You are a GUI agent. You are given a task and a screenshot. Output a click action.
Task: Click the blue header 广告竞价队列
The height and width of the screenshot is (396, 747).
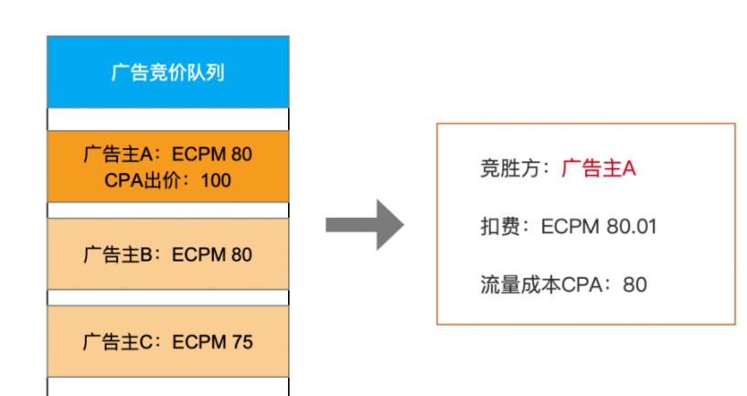tap(167, 71)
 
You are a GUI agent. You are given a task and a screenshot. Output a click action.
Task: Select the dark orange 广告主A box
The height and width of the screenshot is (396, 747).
tap(167, 166)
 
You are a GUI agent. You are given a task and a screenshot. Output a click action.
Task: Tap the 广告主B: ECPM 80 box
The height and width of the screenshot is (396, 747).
tap(167, 254)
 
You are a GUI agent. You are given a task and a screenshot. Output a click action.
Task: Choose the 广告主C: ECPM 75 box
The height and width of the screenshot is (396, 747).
tap(167, 341)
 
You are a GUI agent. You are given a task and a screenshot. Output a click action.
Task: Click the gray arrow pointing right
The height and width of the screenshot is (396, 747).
tap(365, 225)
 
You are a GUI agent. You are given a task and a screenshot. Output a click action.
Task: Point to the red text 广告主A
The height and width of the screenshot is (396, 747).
tap(598, 168)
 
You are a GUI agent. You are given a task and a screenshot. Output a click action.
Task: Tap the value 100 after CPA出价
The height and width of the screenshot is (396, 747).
tap(216, 180)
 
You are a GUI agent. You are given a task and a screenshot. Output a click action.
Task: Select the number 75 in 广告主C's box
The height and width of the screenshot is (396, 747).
tap(242, 342)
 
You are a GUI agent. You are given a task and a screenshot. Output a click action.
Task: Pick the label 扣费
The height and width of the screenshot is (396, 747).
tap(499, 227)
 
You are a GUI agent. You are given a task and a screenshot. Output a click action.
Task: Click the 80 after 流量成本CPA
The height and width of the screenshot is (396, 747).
tap(635, 285)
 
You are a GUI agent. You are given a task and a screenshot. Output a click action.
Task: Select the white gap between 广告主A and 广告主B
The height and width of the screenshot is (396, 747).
tap(167, 210)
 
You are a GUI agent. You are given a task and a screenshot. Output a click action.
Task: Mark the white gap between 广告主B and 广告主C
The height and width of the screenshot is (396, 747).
tap(167, 297)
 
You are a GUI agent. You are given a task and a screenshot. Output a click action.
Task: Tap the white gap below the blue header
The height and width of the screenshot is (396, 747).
tap(167, 119)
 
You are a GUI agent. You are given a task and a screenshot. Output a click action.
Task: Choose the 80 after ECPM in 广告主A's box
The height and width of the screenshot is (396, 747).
tap(242, 155)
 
